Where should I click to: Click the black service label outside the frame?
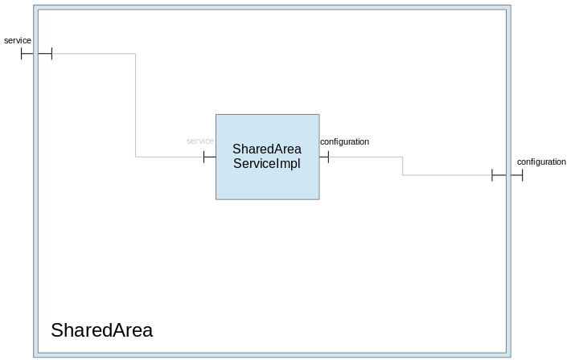pyautogui.click(x=18, y=40)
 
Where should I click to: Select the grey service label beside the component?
pyautogui.click(x=199, y=141)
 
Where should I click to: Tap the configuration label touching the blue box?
pyautogui.click(x=344, y=142)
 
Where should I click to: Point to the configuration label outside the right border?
pyautogui.click(x=541, y=162)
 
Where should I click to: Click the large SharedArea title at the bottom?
pyautogui.click(x=101, y=330)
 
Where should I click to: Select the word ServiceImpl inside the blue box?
pyautogui.click(x=267, y=164)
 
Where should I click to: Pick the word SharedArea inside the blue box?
pyautogui.click(x=267, y=149)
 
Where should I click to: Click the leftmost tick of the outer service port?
pyautogui.click(x=22, y=54)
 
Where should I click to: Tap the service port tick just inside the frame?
pyautogui.click(x=51, y=54)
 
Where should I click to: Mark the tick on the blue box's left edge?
pyautogui.click(x=204, y=157)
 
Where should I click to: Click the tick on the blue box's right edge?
pyautogui.click(x=328, y=157)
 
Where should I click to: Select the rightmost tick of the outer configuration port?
pyautogui.click(x=522, y=175)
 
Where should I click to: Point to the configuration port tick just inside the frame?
pyautogui.click(x=492, y=175)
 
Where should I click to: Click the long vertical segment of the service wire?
pyautogui.click(x=135, y=104)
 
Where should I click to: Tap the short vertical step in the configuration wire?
pyautogui.click(x=403, y=166)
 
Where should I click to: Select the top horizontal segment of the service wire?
pyautogui.click(x=92, y=54)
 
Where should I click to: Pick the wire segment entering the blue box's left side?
pyautogui.click(x=169, y=157)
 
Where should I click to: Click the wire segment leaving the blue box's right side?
pyautogui.click(x=366, y=157)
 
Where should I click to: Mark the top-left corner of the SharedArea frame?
pyautogui.click(x=35, y=7)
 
